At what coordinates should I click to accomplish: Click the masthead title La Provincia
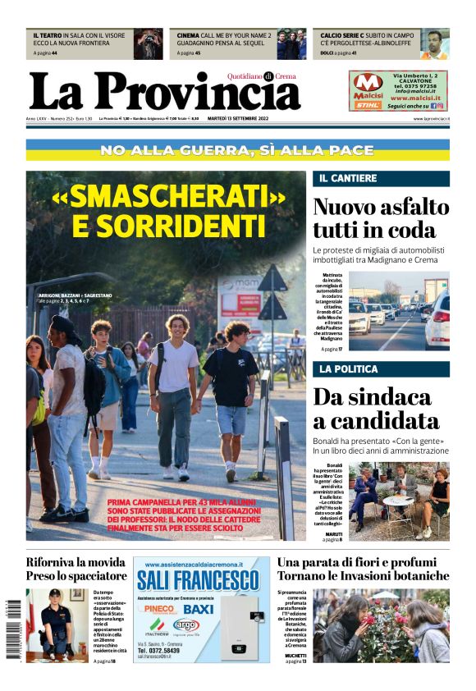164,92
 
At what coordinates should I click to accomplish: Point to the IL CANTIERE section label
348,178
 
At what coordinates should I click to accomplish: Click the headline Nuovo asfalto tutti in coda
381,217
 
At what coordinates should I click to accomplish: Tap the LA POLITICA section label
350,369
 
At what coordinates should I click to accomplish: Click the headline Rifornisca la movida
76,562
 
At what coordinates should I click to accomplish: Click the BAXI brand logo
199,609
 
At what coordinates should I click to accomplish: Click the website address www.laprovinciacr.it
431,119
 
